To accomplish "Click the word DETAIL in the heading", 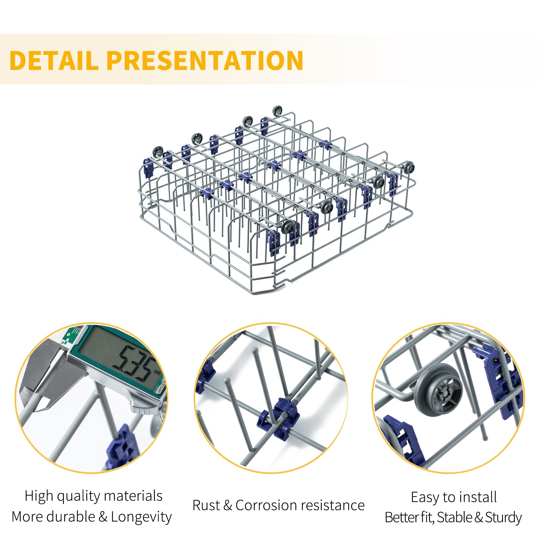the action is coord(54,60).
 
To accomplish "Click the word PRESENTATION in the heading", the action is coord(205,60).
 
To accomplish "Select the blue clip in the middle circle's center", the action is coord(278,418).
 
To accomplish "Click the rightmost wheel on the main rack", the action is coord(409,166).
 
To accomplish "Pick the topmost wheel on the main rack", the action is coord(278,111).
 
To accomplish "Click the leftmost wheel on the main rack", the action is coord(158,152).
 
